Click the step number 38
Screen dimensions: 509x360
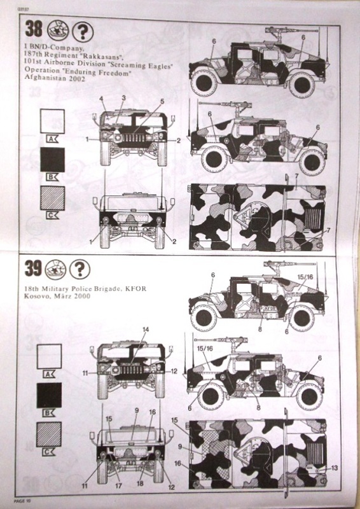tap(33, 29)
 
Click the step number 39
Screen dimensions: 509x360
tap(33, 270)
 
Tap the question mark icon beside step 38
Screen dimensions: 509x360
tap(83, 30)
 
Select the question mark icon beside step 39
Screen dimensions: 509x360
tap(80, 270)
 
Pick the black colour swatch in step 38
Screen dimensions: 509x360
tap(52, 159)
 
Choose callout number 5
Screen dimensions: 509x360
tap(163, 101)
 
